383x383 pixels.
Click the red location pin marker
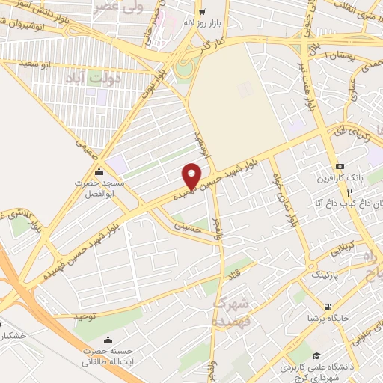[192, 174]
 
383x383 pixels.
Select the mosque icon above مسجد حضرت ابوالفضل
[99, 172]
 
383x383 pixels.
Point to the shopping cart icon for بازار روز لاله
[202, 10]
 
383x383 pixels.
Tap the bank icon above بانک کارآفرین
[340, 166]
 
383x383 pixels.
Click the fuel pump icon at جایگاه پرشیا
[328, 307]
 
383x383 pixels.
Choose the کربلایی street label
[332, 251]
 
